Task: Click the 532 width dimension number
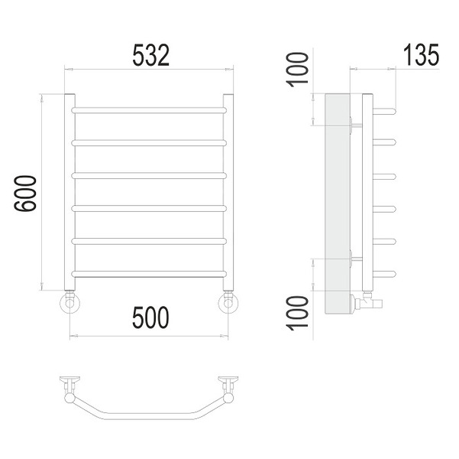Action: point(151,55)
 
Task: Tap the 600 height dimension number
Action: point(25,193)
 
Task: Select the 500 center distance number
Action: point(150,317)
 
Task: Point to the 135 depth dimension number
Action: point(422,54)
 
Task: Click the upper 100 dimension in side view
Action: point(298,70)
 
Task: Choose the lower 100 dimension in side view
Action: point(298,313)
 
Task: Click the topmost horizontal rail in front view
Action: point(149,110)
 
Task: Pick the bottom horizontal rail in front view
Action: point(149,274)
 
